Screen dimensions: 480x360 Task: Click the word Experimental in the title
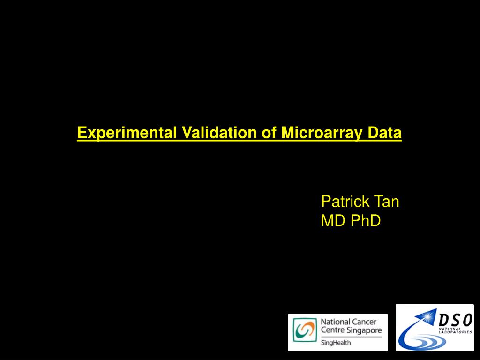click(x=127, y=133)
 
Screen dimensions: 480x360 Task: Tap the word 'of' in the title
click(x=269, y=132)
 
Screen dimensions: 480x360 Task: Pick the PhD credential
click(x=366, y=220)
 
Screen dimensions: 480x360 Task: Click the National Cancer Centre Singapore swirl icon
click(x=305, y=330)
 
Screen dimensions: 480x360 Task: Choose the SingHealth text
click(x=336, y=343)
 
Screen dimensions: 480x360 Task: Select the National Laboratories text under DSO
click(x=455, y=330)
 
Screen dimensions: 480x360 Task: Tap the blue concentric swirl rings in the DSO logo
click(x=426, y=342)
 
